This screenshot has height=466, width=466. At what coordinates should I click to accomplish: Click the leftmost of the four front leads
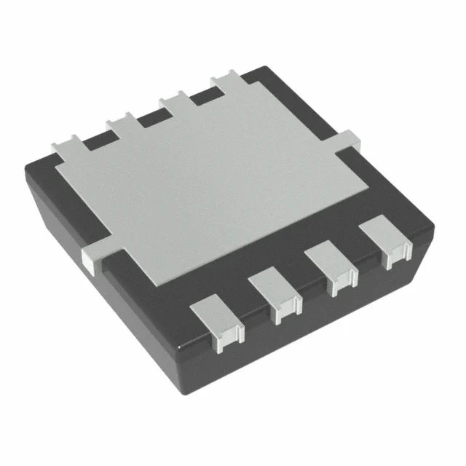(216, 320)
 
